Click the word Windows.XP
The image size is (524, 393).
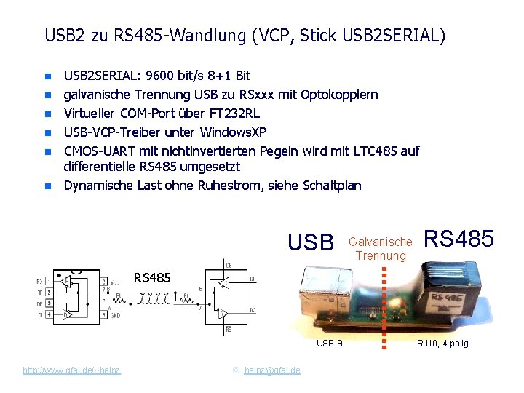(234, 132)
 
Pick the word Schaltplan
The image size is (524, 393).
(331, 186)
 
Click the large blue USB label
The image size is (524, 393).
(310, 242)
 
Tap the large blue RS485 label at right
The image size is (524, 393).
(458, 239)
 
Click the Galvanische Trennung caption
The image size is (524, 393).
(381, 248)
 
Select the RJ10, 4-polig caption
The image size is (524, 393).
(443, 344)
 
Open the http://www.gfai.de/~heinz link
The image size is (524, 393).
(72, 370)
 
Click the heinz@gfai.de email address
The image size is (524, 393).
(272, 370)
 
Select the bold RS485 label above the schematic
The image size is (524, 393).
(152, 277)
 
